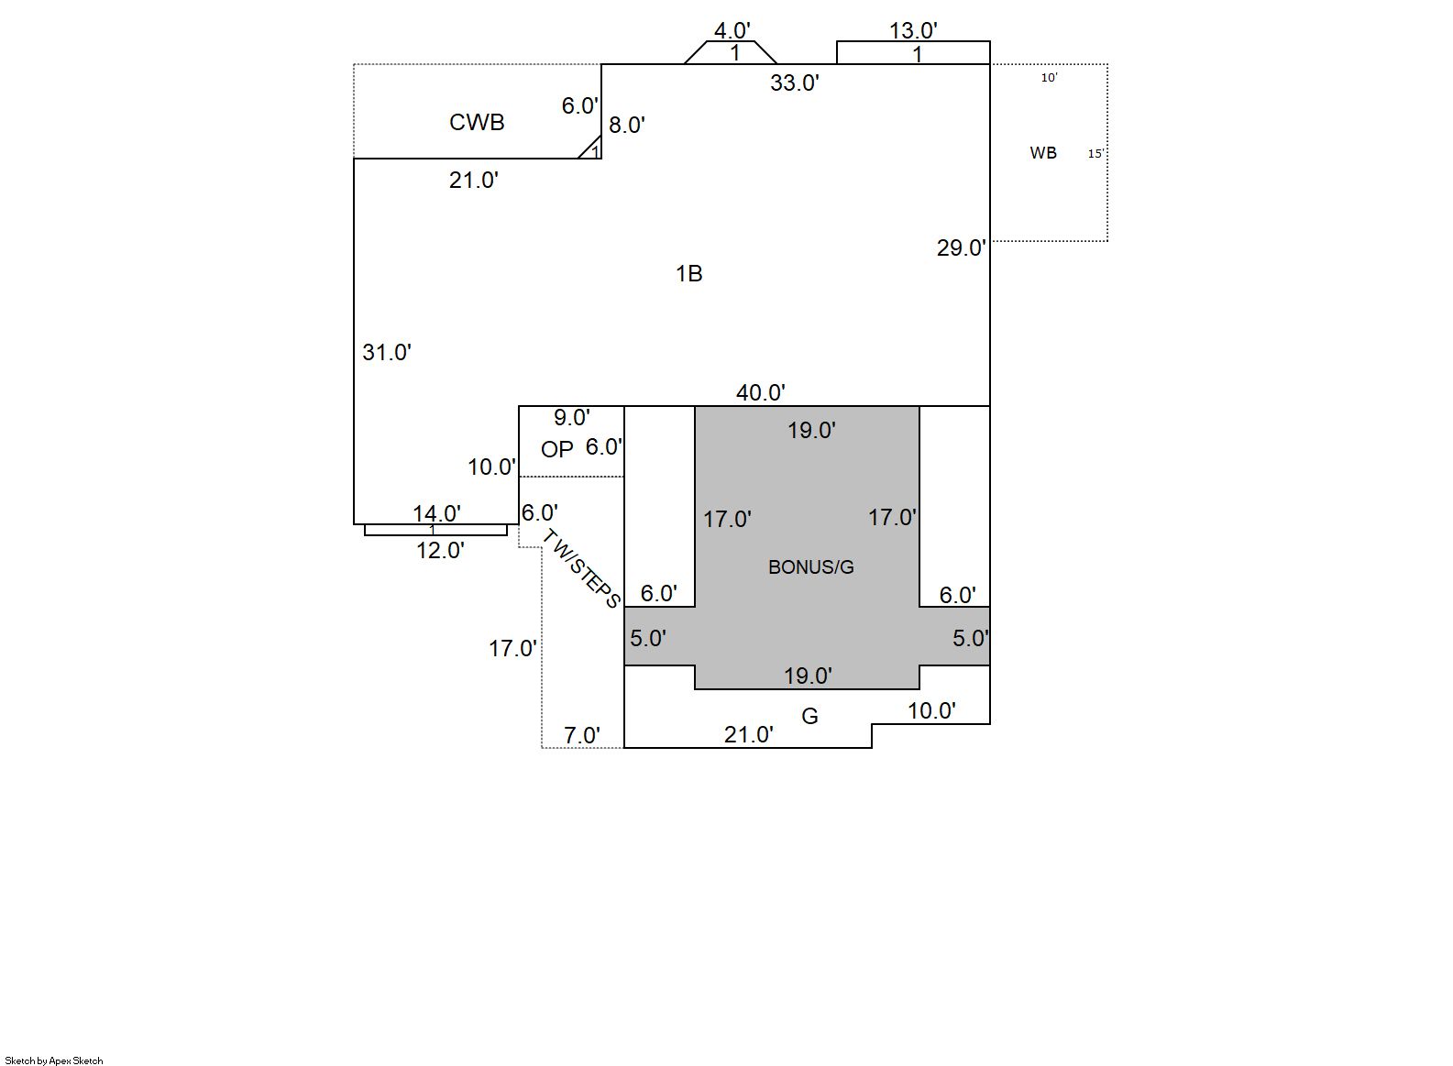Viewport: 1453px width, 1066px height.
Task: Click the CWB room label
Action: coord(477,123)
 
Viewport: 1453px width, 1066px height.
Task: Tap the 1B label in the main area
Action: coord(689,273)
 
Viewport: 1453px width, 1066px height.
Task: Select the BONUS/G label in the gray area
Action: coord(810,567)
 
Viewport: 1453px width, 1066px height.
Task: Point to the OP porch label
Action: coord(557,449)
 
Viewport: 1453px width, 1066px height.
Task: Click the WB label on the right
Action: coord(1043,153)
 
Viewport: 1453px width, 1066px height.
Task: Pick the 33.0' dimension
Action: coord(795,83)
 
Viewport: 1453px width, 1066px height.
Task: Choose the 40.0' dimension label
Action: coord(761,392)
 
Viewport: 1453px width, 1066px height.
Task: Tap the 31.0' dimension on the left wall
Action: coord(387,352)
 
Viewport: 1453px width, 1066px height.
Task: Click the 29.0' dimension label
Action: coord(961,247)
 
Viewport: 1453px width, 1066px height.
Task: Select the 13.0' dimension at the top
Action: coord(913,30)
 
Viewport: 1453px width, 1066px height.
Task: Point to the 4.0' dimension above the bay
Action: coord(732,31)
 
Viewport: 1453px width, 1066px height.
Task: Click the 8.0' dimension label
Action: coord(627,126)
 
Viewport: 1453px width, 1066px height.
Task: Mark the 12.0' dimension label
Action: coord(440,550)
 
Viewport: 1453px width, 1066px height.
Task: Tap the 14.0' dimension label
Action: coord(436,513)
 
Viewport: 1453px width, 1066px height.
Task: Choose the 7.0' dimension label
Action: coord(582,735)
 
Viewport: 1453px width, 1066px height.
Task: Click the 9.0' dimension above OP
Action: coord(571,418)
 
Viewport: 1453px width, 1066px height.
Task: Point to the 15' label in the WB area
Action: coord(1095,154)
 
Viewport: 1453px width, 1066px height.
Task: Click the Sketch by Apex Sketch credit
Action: coord(54,1061)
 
